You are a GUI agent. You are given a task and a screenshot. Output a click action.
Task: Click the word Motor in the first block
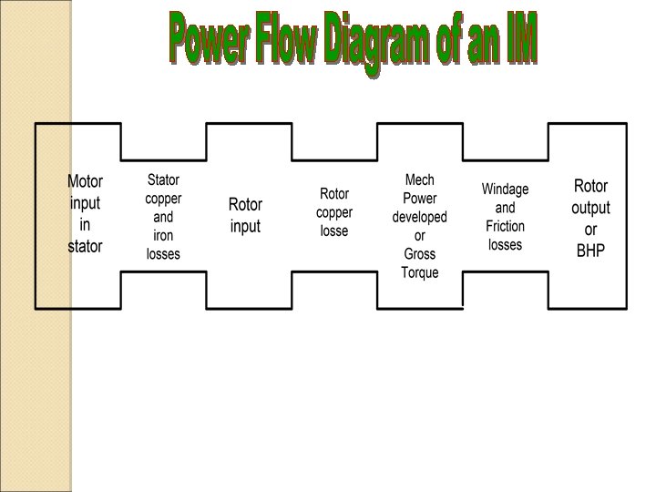coord(85,181)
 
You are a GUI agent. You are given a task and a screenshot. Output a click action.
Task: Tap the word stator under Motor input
coord(85,246)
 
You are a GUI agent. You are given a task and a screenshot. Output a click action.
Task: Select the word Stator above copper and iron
coord(164,180)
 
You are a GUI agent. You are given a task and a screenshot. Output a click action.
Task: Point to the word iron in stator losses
coord(163,236)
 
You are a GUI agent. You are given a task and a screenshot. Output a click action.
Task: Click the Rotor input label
coord(245,216)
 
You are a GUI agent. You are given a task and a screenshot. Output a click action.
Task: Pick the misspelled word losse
coord(334,231)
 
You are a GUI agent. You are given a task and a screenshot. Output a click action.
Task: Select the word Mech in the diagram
coord(419,180)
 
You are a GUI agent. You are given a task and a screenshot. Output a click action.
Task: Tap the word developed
coord(419,217)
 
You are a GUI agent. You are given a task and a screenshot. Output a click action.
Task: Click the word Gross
coord(419,254)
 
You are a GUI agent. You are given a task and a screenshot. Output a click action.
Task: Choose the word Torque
coord(419,272)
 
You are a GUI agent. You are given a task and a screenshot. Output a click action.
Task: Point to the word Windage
coord(505,190)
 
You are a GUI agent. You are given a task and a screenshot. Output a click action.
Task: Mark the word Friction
coord(505,227)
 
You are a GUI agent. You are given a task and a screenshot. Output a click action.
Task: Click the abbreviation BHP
coord(590,250)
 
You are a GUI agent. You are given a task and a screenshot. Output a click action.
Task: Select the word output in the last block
coord(590,208)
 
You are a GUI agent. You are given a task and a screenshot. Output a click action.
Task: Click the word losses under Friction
coord(505,245)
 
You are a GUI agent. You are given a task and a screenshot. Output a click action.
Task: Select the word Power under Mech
coord(419,199)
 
